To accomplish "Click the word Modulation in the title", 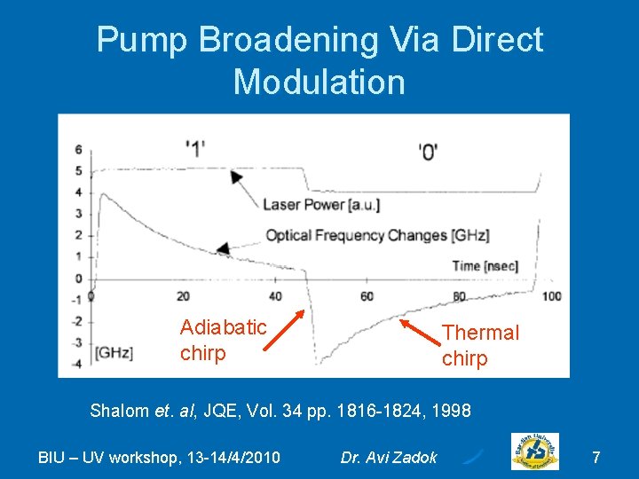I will tap(319, 82).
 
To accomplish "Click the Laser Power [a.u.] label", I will tap(321, 205).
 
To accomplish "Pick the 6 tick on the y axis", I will tap(78, 150).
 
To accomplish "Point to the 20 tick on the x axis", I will tap(183, 296).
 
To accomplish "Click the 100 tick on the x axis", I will tap(551, 296).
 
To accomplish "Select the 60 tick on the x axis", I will tap(367, 296).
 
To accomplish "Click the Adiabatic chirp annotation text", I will tap(223, 340).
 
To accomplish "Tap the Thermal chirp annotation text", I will tap(480, 345).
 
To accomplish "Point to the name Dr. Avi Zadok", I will tap(389, 458).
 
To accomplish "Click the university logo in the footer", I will tap(535, 452).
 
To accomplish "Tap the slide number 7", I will tap(596, 458).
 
